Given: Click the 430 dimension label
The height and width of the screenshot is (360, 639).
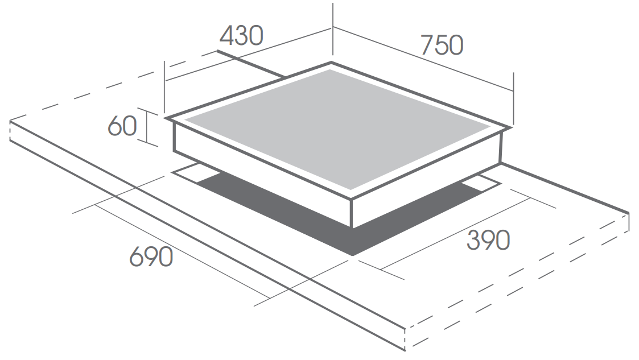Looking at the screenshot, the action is (241, 36).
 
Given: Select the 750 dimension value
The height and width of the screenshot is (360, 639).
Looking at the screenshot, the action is (442, 45).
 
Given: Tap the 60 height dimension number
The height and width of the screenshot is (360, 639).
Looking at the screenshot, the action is (122, 126).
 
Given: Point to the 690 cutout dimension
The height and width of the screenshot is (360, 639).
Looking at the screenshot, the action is (151, 257).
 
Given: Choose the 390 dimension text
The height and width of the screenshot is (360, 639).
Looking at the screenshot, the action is (488, 240).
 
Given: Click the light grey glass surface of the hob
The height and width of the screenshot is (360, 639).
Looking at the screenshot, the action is (338, 130).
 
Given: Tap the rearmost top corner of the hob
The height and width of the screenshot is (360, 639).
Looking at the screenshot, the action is (331, 63).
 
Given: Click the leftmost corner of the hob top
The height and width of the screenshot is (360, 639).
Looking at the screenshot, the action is (166, 118).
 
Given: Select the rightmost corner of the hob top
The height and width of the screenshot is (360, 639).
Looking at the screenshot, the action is (511, 127).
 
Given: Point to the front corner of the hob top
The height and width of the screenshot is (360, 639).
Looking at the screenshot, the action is (351, 198).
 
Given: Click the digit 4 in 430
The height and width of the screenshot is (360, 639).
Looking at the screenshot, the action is (226, 36).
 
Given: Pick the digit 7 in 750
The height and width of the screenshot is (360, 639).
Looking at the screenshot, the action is (427, 45).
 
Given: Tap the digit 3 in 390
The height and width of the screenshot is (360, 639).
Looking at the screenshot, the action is (473, 240).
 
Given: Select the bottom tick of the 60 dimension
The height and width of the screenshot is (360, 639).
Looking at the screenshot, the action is (147, 142).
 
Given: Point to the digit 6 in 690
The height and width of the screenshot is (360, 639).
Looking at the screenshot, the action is (136, 257).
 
